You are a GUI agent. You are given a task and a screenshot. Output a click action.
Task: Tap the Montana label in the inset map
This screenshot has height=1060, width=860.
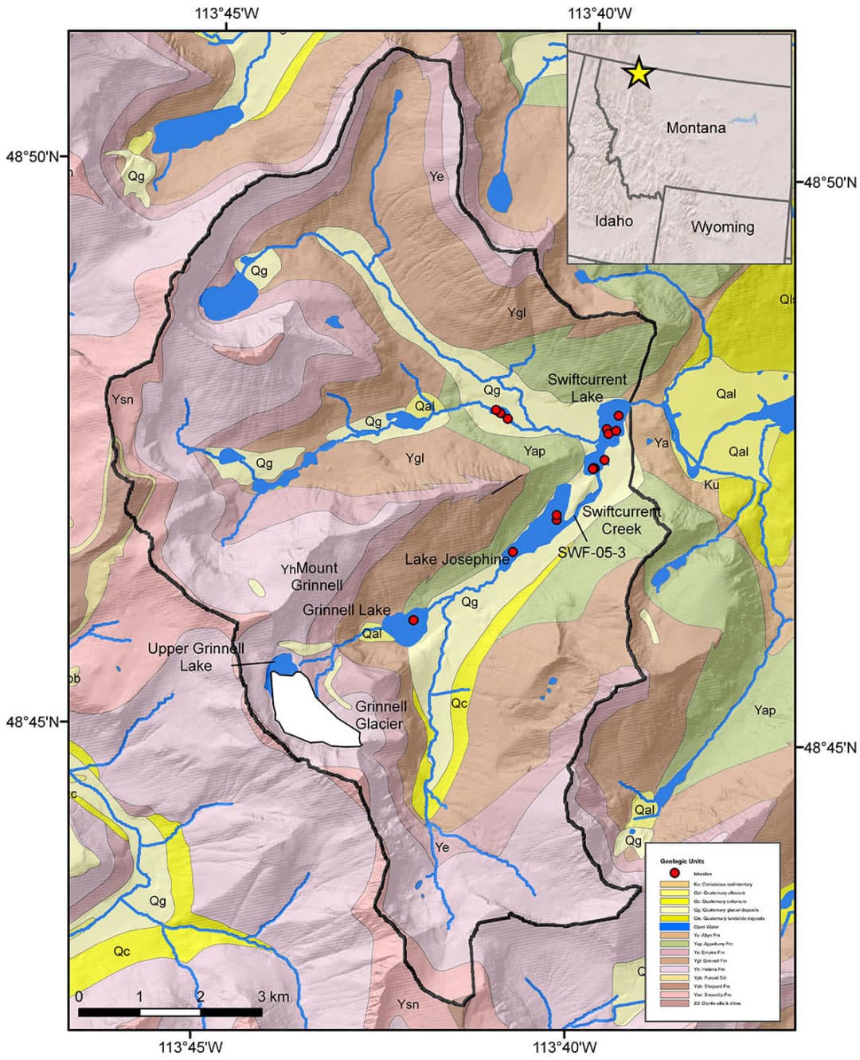[x=696, y=127]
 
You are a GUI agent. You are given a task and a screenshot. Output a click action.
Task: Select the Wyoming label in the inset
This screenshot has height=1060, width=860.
[x=722, y=227]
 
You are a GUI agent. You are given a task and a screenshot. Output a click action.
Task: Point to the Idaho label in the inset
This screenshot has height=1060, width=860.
[x=613, y=221]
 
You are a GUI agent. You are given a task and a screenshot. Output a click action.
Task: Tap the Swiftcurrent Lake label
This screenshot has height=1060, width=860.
[x=587, y=388]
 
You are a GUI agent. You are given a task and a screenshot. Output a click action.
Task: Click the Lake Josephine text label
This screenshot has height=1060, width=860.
[x=456, y=560]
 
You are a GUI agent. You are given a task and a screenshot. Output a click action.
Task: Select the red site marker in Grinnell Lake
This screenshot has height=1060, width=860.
[x=413, y=619]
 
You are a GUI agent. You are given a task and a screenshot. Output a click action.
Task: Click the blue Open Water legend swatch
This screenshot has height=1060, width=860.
[x=675, y=926]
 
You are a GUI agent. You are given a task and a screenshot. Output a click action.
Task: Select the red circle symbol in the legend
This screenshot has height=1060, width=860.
[x=675, y=874]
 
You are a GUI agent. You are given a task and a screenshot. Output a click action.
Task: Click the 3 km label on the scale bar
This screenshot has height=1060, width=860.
[x=273, y=996]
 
